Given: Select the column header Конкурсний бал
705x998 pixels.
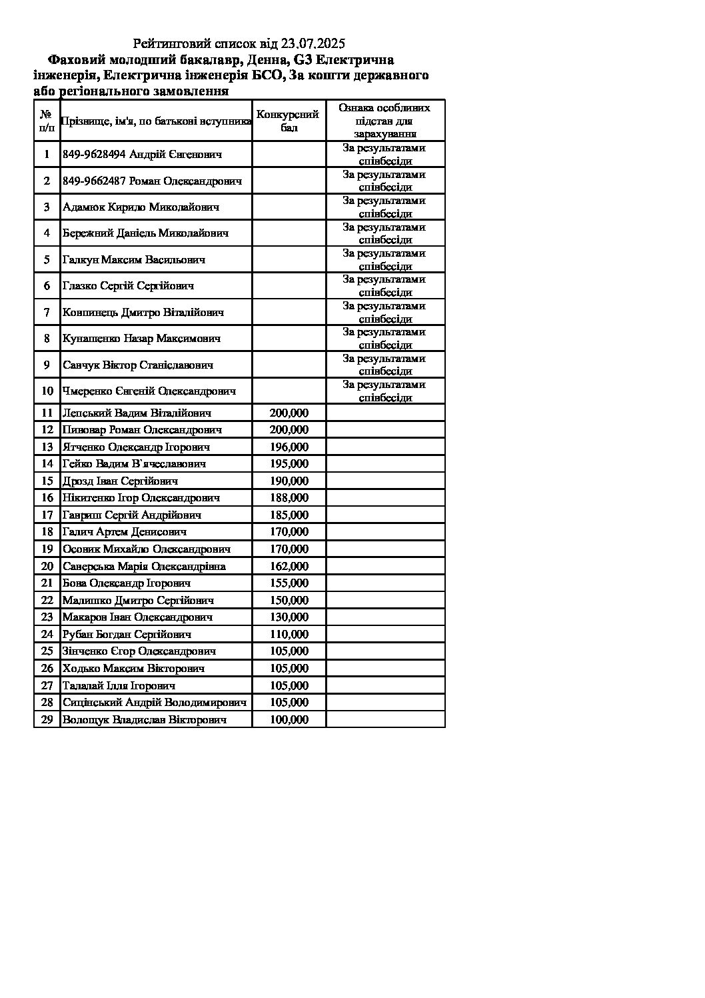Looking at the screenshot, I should (289, 121).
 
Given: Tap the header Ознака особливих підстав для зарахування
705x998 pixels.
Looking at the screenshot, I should (384, 121).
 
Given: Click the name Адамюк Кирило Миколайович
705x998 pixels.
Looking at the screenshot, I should (141, 207).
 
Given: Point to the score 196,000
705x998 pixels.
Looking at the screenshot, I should (289, 447).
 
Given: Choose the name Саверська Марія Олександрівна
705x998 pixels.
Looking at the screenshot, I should (144, 566).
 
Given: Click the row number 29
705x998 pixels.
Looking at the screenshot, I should (47, 719).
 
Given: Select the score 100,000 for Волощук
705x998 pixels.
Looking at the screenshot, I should (289, 719).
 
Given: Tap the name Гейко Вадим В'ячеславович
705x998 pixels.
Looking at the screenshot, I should (134, 463).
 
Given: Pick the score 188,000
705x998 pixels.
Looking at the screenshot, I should (289, 497).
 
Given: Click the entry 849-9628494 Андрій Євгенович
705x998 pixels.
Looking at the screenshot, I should (142, 155).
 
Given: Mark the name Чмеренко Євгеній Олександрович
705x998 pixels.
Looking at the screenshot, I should (149, 391).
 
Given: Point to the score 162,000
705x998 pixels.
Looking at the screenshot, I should (289, 566).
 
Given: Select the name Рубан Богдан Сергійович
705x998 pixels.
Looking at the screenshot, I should (127, 634).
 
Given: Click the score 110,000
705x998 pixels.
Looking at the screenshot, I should (289, 634).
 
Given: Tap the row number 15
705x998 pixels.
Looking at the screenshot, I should (47, 481).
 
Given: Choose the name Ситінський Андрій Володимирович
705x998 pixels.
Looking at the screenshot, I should (154, 702).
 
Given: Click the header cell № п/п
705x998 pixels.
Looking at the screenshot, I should (47, 121).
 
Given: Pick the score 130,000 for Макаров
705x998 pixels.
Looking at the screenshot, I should (289, 617).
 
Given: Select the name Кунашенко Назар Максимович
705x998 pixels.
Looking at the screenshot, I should (141, 339).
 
